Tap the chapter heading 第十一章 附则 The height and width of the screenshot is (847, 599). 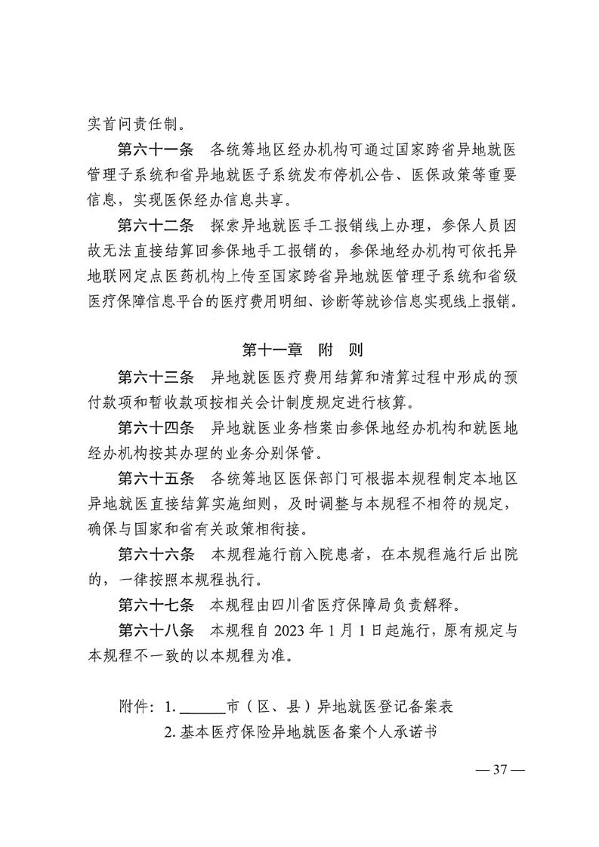point(302,350)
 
